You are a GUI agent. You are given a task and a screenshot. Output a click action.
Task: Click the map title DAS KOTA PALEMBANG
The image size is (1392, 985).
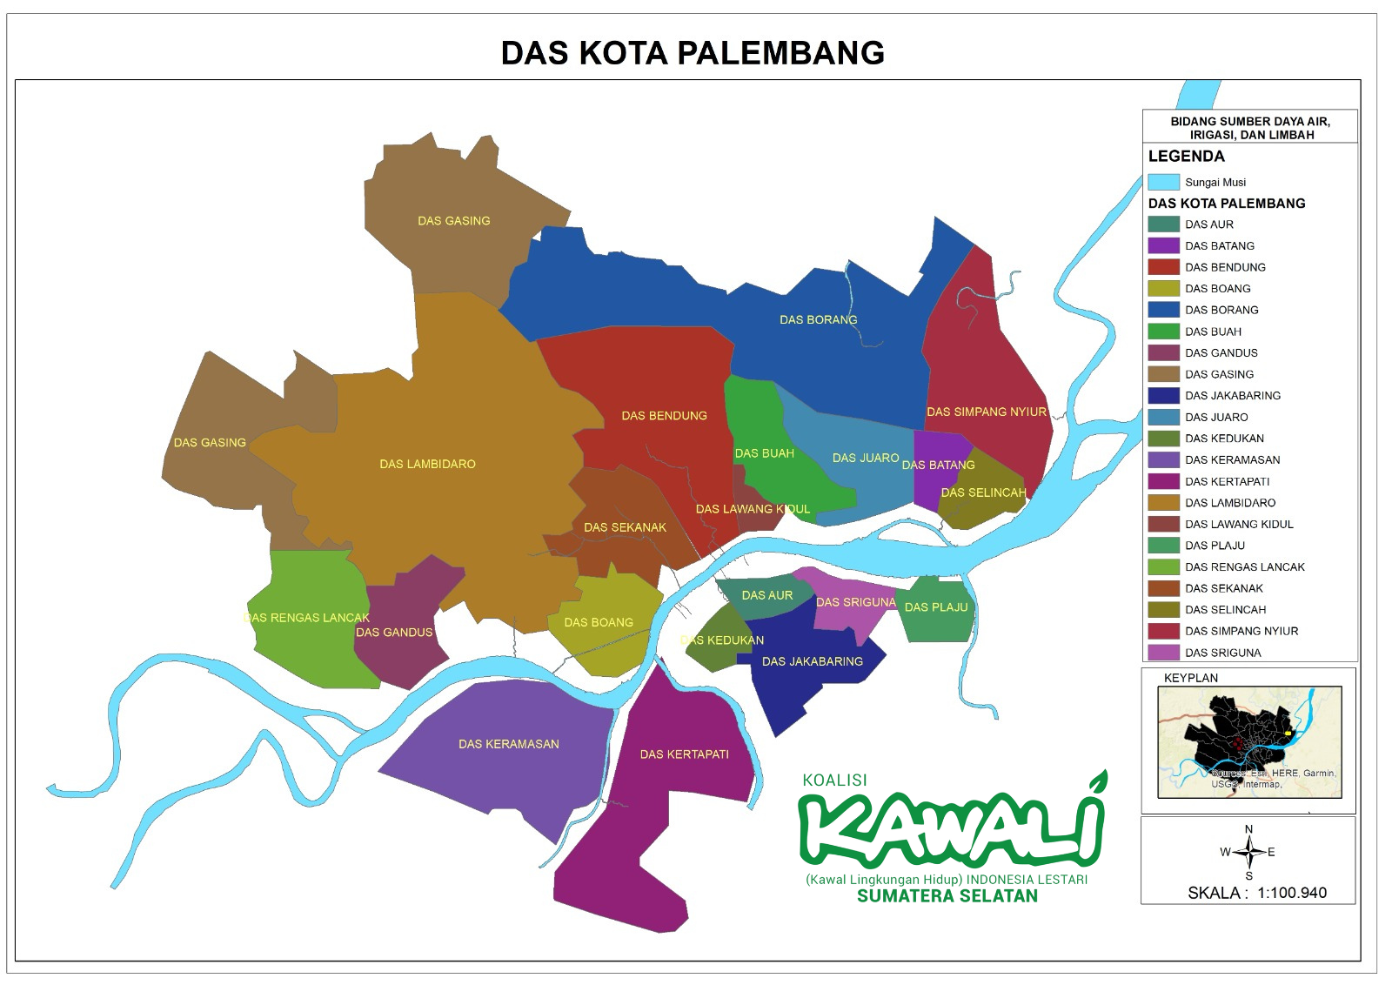[x=693, y=53]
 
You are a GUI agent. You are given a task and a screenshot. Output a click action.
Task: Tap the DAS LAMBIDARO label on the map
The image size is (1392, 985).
[x=427, y=464]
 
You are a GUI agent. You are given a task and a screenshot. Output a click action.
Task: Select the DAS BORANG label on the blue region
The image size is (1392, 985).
[x=818, y=319]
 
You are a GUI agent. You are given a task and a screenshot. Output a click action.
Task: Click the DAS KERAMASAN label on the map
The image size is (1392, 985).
[x=508, y=744]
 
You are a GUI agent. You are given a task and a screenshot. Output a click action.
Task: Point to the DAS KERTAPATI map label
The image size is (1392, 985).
[x=684, y=754]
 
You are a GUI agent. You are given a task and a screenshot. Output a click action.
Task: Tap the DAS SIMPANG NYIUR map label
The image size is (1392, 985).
[x=986, y=412]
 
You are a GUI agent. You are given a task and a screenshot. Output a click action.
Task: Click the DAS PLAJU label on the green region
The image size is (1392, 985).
[x=935, y=607]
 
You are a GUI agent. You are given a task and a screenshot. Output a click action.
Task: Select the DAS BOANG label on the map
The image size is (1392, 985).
[x=598, y=622]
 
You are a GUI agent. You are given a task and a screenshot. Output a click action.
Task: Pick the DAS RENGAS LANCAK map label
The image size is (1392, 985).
[x=307, y=618]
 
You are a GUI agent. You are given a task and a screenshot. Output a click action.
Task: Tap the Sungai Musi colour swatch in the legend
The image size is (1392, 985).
[x=1163, y=183]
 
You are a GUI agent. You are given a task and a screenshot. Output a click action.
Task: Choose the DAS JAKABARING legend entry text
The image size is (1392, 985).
[x=1232, y=395]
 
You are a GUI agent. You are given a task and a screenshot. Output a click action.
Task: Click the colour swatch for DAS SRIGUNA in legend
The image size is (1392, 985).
[x=1163, y=653]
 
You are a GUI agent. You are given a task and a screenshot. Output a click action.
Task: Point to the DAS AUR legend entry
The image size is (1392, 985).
[x=1208, y=224]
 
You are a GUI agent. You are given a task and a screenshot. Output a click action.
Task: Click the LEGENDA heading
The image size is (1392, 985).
[x=1186, y=157]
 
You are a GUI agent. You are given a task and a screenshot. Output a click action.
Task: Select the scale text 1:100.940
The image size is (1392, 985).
[x=1291, y=893]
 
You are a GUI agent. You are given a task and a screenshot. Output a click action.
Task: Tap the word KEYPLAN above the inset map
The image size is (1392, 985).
[x=1190, y=678]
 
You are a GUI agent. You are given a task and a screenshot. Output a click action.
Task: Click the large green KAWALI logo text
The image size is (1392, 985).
[x=950, y=828]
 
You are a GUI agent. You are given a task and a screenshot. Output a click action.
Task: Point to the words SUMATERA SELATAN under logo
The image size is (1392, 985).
[x=947, y=896]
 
